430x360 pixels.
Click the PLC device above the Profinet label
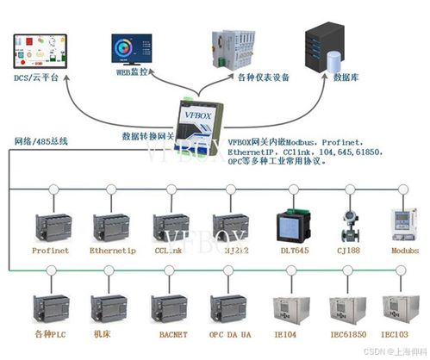(x=51, y=227)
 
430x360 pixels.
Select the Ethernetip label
(x=112, y=251)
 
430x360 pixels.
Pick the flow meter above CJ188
(x=349, y=222)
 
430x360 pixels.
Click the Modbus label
(x=407, y=251)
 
